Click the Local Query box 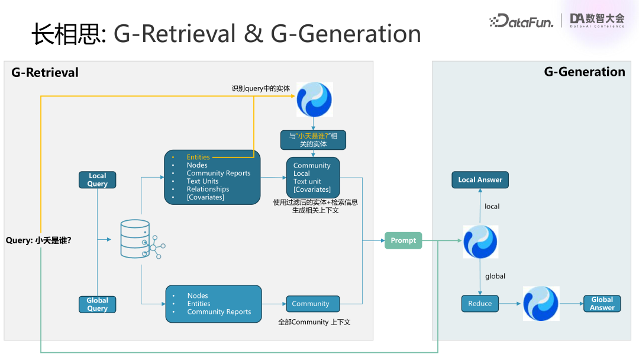98,180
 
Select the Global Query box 98,304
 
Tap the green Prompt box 404,240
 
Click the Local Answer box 480,180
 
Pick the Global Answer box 602,304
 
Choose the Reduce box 480,304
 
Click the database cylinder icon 135,239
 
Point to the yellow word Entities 198,157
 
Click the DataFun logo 521,21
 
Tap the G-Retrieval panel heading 45,73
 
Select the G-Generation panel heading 584,72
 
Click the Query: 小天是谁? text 38,240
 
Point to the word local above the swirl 492,207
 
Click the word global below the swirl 495,277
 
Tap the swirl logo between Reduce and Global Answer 541,304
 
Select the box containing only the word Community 313,304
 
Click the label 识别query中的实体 261,89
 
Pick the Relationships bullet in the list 208,189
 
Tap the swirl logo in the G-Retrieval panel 314,99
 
